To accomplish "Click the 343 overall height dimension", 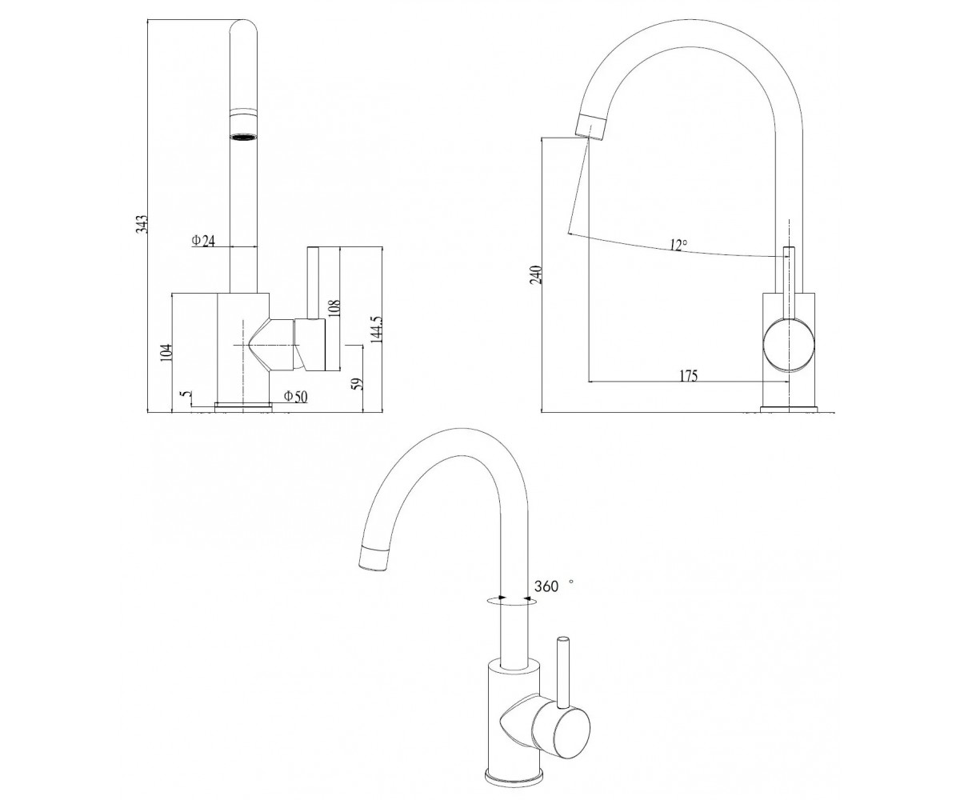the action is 143,224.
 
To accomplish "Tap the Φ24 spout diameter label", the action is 203,240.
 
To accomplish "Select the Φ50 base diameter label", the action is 295,396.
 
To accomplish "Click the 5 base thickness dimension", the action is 186,394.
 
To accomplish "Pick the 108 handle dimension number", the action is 334,307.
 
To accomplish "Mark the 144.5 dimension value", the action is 377,329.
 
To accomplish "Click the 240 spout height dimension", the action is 537,274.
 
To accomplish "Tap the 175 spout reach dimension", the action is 688,376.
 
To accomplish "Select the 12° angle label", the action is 678,245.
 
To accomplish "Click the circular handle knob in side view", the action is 789,344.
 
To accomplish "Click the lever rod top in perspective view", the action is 562,639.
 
